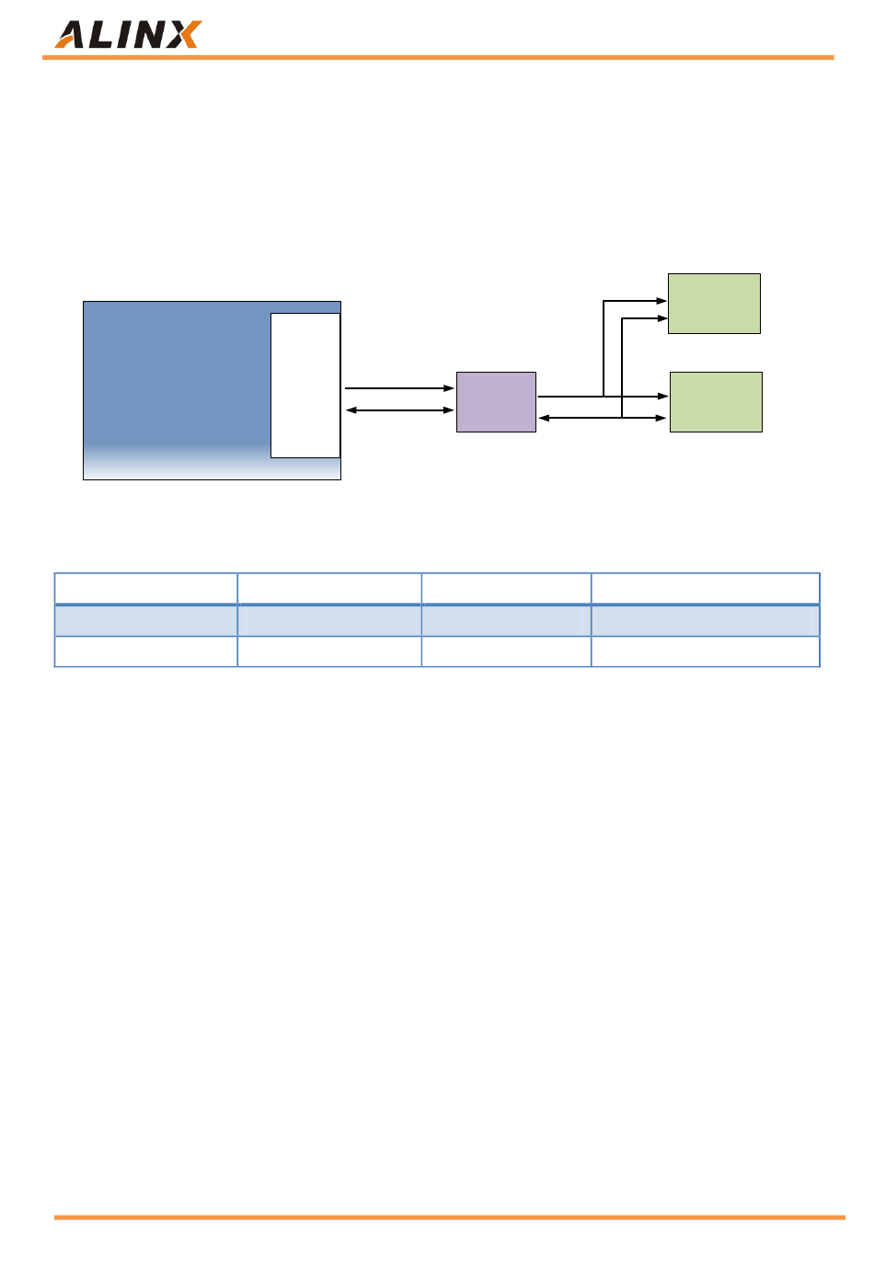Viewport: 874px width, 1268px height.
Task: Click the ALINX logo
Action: tap(127, 35)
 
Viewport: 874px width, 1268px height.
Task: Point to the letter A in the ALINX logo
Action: tap(71, 35)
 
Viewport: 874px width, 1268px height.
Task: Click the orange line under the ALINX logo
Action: tap(437, 58)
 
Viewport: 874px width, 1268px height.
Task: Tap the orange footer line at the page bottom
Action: tap(449, 1217)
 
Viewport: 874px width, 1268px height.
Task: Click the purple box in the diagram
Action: tap(496, 402)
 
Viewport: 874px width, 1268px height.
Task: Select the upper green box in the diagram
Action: tap(714, 304)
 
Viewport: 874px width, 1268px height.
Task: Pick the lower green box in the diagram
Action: tap(716, 402)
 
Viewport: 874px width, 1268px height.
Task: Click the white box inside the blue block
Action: tap(305, 385)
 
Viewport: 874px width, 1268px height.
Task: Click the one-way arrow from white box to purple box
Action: tap(397, 388)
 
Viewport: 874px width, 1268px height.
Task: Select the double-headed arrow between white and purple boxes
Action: tap(399, 410)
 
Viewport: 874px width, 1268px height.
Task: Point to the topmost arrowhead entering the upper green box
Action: tap(661, 301)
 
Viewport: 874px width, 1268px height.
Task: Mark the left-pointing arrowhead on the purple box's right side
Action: tap(544, 418)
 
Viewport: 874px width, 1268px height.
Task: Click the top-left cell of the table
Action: tap(146, 588)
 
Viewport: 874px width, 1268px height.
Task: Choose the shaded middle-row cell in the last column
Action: tap(705, 620)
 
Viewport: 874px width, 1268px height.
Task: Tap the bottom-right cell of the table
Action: tap(705, 651)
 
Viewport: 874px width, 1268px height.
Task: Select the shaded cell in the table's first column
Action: tap(146, 620)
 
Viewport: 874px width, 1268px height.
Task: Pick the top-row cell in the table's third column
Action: tap(506, 588)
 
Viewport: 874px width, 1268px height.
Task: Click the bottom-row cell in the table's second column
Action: tap(329, 651)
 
